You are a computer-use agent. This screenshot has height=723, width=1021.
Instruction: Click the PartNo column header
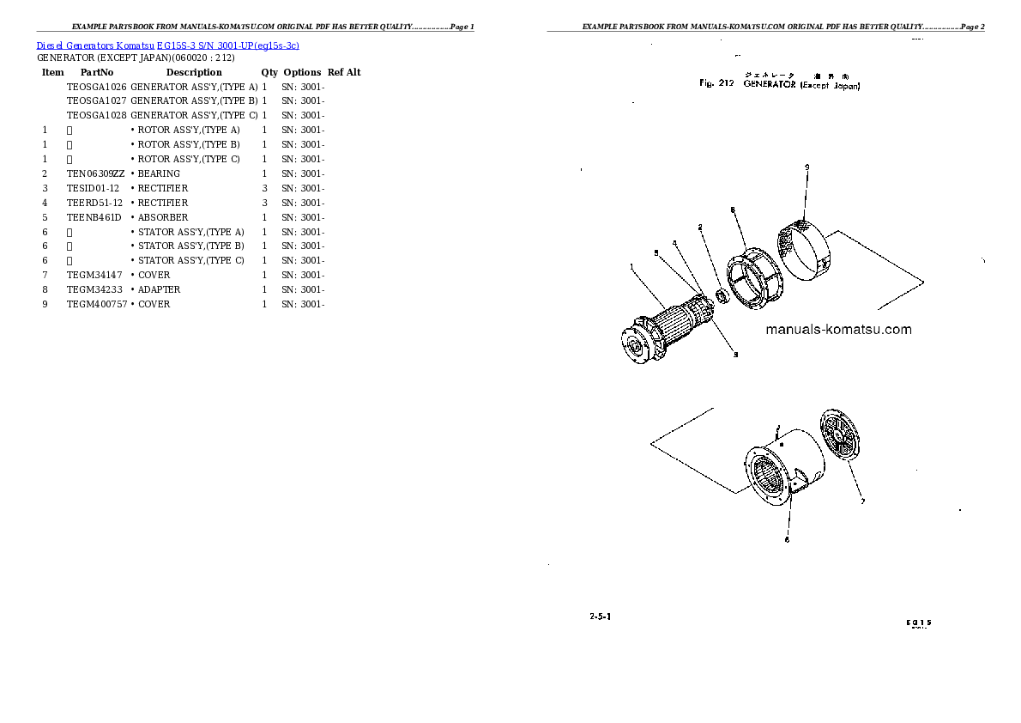pos(97,72)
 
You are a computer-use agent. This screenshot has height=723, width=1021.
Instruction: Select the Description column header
pos(194,72)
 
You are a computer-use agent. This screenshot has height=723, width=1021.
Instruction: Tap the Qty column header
pos(269,72)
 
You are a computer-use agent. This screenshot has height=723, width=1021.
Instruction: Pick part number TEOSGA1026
pos(97,87)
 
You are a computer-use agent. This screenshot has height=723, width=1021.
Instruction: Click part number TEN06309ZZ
pos(96,173)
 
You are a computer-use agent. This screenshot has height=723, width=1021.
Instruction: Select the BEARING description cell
pos(159,173)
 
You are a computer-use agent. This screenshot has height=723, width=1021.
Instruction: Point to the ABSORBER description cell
pos(163,217)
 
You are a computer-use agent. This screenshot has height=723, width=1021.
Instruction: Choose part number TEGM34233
pos(95,289)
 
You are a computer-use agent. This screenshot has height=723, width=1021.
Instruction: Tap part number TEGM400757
pos(97,304)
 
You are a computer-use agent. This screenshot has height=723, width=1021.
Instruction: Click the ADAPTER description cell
pos(159,289)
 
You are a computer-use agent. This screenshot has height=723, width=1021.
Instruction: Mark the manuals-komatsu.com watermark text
pos(838,330)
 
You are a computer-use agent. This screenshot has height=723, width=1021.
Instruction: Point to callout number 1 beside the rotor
pos(631,266)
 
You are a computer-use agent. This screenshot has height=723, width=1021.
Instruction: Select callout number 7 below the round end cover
pos(863,501)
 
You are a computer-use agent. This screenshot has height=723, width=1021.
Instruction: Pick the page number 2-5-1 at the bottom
pos(600,617)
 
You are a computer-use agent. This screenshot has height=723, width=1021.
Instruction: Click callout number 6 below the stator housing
pos(787,540)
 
